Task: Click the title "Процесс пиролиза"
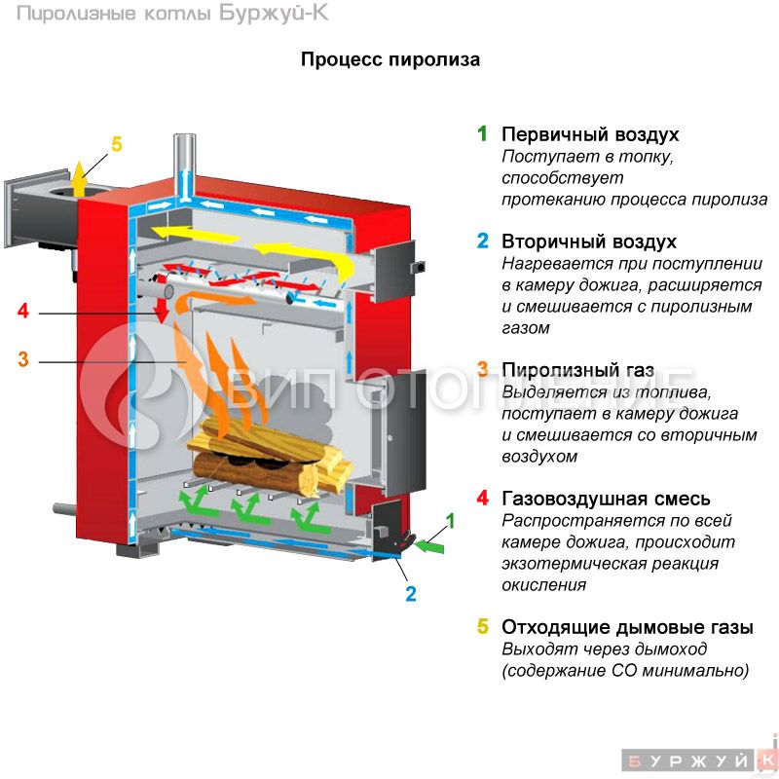pos(389,59)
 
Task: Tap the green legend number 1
pos(481,134)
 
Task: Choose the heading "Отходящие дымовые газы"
pos(627,627)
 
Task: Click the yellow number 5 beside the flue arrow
pos(117,145)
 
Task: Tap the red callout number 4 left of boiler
pos(23,313)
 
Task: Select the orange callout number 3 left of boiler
pos(23,359)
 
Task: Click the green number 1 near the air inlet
pos(450,521)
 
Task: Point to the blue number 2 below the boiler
pos(411,592)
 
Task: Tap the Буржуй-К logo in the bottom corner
pos(699,759)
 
